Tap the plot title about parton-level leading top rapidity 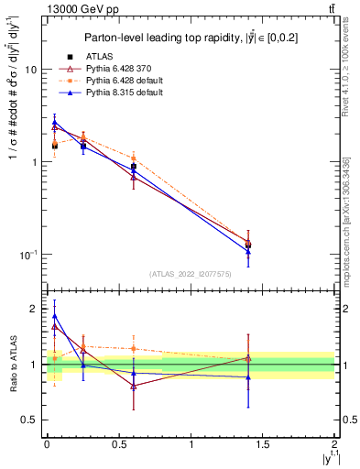point(190,38)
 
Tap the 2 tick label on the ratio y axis point(34,309)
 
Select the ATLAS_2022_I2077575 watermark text point(190,274)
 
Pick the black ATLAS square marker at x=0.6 point(133,167)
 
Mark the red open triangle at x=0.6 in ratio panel point(133,386)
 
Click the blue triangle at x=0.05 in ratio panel point(54,316)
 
